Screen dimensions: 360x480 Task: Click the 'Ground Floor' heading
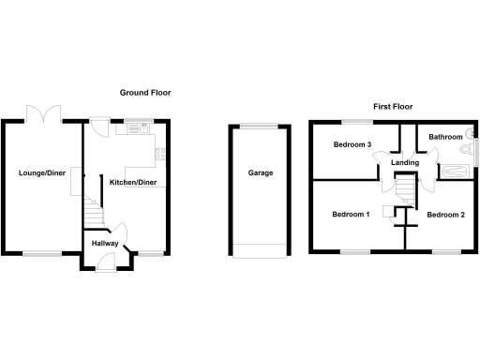coord(144,93)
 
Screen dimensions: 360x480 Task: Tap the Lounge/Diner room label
coord(41,172)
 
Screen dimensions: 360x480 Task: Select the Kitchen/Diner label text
coord(132,181)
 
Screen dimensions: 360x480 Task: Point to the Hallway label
coord(105,244)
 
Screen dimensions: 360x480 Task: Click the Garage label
coord(260,173)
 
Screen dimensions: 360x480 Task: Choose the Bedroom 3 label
coord(352,144)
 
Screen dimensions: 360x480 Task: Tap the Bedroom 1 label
coord(351,215)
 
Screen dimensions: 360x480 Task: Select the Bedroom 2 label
coord(445,215)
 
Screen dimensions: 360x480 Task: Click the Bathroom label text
coord(445,137)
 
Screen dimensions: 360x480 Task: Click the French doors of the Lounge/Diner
coord(44,113)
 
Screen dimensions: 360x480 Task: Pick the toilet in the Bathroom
coord(466,149)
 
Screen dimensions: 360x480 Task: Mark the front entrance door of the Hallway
coord(101,263)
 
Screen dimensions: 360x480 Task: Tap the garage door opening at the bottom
coord(260,249)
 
